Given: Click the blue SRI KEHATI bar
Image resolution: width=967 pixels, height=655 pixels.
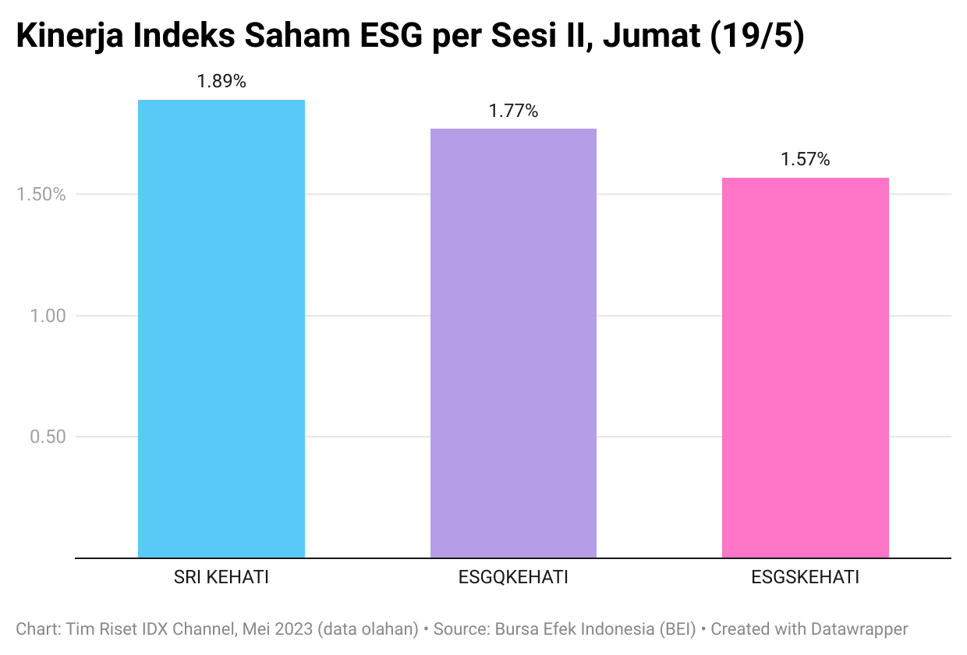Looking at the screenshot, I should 221,327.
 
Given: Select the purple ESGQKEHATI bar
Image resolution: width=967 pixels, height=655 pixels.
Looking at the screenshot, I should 513,343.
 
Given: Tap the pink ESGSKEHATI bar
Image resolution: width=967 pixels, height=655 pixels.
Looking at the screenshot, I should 805,366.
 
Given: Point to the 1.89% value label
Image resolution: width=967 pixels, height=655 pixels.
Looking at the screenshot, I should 221,81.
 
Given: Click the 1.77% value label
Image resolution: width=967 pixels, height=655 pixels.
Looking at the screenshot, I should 513,111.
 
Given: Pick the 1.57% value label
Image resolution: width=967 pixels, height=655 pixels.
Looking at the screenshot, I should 805,160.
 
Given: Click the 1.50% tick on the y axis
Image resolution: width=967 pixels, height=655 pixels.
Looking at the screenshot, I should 41,194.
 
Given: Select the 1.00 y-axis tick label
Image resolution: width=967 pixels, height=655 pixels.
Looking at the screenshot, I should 48,316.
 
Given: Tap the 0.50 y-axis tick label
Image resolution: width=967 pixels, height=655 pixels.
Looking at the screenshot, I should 48,437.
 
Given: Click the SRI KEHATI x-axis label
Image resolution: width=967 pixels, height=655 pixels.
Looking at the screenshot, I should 221,578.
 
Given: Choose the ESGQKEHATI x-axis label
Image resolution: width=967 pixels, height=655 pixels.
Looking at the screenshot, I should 513,578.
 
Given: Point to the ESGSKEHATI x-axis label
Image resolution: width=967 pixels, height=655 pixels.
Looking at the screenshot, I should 805,578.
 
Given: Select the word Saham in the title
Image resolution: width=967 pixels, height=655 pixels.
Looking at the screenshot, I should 278,37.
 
